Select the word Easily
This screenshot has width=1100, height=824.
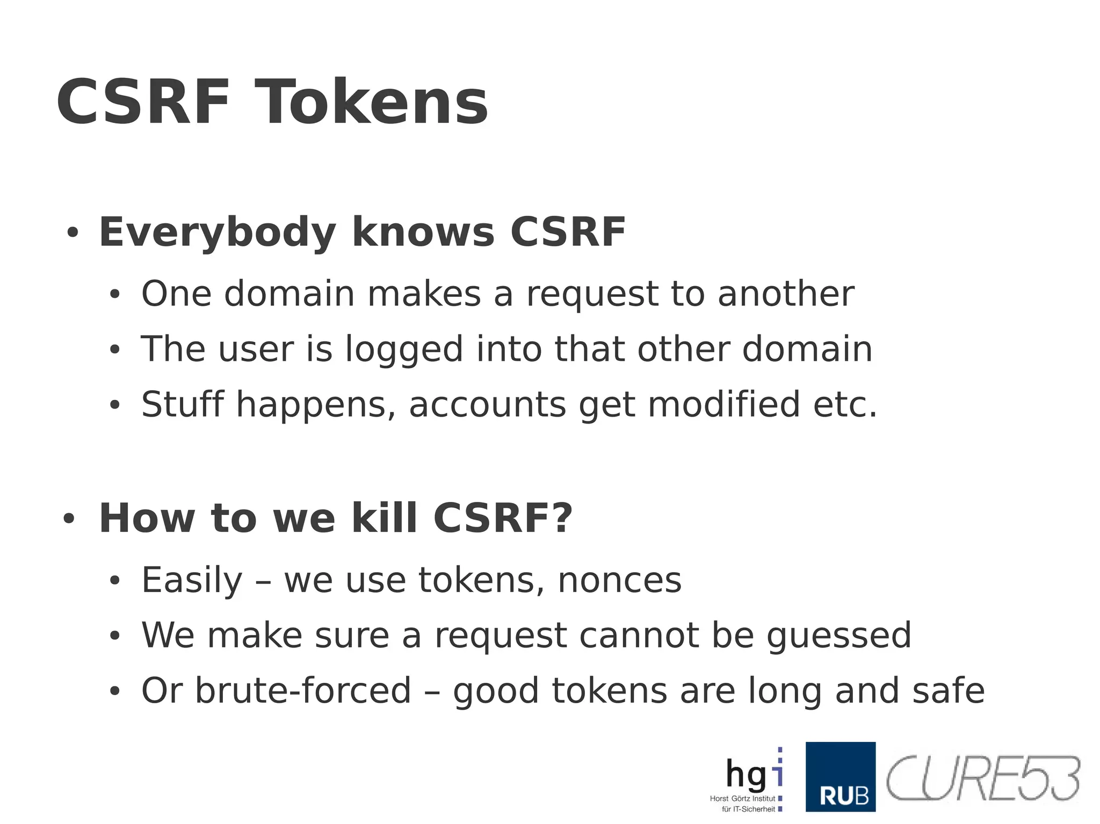tap(192, 581)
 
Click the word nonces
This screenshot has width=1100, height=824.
tap(619, 581)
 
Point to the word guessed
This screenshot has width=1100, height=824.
tap(838, 637)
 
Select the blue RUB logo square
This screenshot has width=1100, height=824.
tap(840, 776)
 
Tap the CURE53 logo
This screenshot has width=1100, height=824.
tap(982, 778)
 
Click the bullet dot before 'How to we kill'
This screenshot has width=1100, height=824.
tap(68, 519)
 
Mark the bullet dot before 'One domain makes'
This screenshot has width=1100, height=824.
tap(114, 295)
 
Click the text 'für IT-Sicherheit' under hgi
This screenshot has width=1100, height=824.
tap(748, 809)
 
